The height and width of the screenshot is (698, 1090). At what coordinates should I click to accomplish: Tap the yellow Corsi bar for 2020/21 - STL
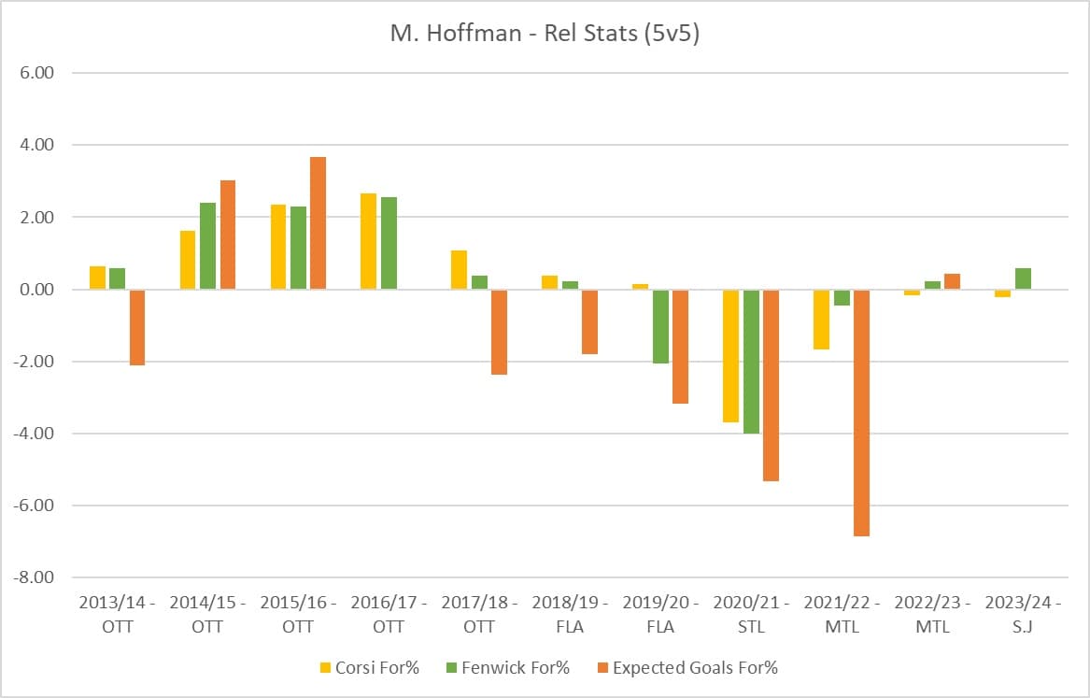click(730, 355)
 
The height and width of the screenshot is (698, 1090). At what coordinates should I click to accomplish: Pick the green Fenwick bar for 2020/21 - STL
click(750, 361)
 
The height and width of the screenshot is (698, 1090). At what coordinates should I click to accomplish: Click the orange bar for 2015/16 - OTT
click(318, 223)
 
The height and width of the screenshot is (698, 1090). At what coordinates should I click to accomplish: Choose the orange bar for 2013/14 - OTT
click(136, 327)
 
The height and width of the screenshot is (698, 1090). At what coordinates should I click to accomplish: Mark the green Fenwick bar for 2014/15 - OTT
click(207, 246)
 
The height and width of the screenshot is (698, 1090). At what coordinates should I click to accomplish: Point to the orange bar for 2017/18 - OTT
click(499, 332)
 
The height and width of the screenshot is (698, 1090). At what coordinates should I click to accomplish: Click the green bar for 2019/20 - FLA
click(660, 326)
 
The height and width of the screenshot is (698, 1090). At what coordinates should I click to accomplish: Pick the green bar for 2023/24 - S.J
click(1022, 278)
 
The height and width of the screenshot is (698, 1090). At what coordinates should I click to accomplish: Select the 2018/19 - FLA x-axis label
click(570, 614)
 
